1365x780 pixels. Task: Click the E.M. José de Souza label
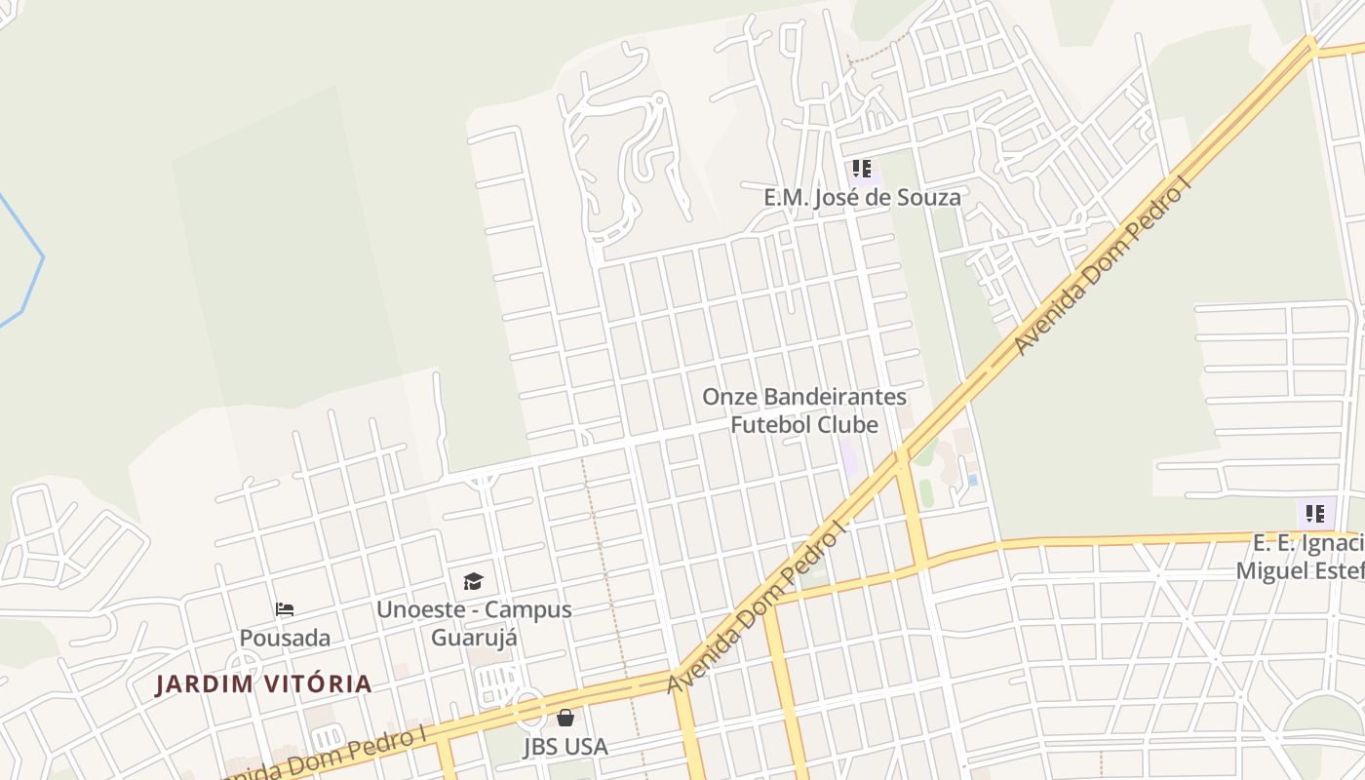tap(862, 197)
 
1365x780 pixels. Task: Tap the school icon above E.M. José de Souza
tap(862, 169)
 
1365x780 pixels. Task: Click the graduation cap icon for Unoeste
tap(473, 582)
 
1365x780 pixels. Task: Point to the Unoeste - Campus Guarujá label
tap(474, 623)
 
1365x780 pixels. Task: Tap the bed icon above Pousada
tap(285, 609)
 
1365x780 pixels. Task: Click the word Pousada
tap(285, 638)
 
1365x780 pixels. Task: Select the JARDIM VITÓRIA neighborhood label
tap(264, 683)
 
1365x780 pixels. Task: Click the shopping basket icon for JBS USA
tap(565, 719)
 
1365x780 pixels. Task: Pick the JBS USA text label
tap(565, 747)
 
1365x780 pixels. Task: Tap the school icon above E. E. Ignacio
tap(1315, 513)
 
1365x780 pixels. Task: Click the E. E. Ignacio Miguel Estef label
tap(1301, 556)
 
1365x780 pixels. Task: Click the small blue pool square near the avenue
tap(973, 480)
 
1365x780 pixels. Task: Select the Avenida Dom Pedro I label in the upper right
tap(1102, 268)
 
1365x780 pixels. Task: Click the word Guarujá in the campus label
tap(474, 638)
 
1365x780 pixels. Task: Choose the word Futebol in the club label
tap(777, 425)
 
